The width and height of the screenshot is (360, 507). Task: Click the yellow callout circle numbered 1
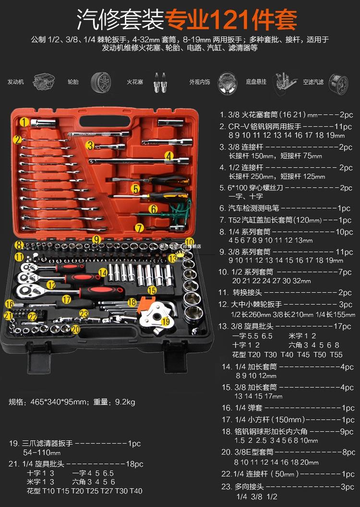24,122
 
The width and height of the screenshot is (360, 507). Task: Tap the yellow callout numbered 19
166,321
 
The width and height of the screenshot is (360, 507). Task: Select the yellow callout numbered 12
51,285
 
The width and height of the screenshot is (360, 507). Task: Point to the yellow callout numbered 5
136,189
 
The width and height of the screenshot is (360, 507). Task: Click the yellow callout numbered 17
66,299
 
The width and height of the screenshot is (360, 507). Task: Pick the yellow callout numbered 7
139,228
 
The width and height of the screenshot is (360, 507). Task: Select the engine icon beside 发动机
43,81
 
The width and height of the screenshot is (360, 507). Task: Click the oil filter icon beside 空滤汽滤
338,82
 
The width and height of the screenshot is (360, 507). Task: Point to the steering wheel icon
228,82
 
